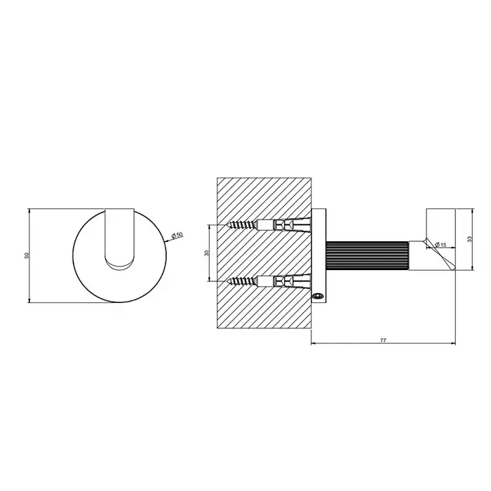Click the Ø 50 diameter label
click(x=177, y=235)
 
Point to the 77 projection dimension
click(x=383, y=340)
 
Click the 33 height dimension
click(x=469, y=239)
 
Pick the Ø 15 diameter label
click(x=440, y=245)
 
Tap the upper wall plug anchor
click(x=283, y=225)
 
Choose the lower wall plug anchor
click(x=283, y=281)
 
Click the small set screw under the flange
click(x=318, y=295)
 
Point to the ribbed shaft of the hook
click(x=368, y=255)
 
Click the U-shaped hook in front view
click(x=120, y=238)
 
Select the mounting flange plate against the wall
click(x=318, y=255)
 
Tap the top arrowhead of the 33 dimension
click(x=473, y=210)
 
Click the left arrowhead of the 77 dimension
click(x=314, y=344)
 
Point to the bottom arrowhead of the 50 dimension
click(x=29, y=300)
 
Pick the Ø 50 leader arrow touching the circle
click(x=166, y=241)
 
